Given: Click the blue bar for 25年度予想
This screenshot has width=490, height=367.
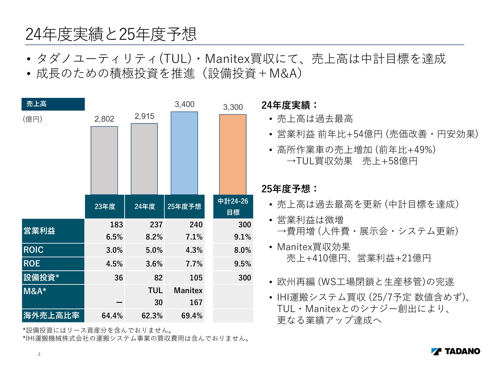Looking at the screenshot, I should point(184,153).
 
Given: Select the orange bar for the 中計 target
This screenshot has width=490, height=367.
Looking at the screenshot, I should point(233,154).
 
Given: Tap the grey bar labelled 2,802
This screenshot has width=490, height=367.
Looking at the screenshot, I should point(104,161).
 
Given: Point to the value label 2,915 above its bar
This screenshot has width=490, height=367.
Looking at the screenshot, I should point(144,116).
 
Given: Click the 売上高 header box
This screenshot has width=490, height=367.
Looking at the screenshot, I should point(53,104).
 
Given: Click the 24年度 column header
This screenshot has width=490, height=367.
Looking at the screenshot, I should point(145,206).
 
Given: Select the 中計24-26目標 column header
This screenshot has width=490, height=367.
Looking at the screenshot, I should point(233,206).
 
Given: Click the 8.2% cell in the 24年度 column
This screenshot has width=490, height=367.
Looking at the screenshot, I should point(154,237).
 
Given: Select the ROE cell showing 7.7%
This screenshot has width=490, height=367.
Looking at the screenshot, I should point(194,264).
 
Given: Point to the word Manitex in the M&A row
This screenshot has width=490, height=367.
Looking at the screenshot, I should point(188,291).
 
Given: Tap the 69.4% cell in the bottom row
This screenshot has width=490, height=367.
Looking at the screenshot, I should point(192,316).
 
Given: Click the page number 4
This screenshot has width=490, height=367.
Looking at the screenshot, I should point(39,354).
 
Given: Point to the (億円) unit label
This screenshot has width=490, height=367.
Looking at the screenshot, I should point(32,119).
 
